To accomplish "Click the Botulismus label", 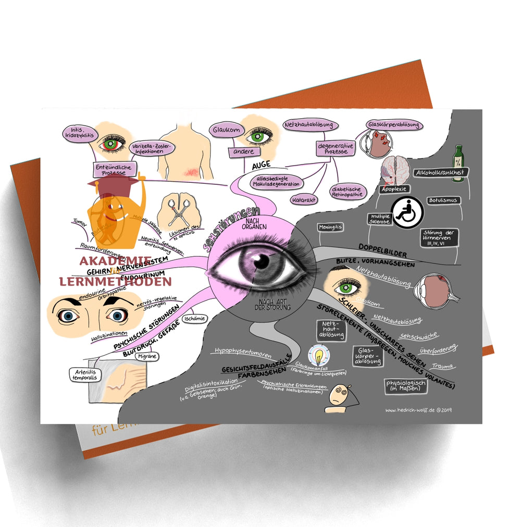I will pos(443,200).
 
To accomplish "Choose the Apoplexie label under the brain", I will pos(394,189).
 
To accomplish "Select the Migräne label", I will pos(147,356).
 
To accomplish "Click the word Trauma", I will pos(442,366).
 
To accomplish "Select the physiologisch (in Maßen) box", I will pos(405,385).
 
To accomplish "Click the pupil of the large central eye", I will pos(262,262).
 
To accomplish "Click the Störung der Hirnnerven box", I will pos(441,240).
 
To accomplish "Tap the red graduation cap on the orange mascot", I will pos(110,182).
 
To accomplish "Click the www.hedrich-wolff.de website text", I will pos(418,410).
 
